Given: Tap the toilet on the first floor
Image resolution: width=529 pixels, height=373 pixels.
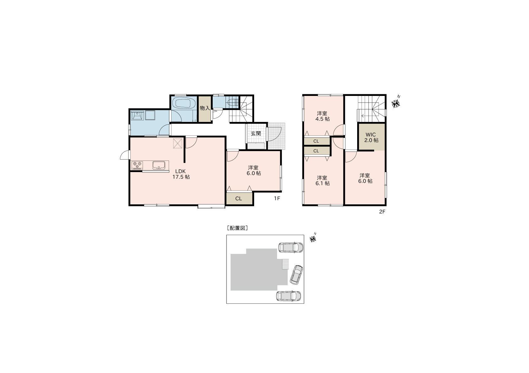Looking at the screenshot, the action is (233, 102).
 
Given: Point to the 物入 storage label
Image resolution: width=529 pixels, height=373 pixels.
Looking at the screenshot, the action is (205, 108).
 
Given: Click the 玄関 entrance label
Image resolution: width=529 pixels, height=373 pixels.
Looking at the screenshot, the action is (256, 134).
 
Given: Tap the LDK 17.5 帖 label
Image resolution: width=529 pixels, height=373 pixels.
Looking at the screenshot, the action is (181, 174).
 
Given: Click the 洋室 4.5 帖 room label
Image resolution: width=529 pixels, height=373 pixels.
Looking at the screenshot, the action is (322, 116).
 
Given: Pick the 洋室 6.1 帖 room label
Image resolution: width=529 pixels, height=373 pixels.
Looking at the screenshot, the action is (322, 181).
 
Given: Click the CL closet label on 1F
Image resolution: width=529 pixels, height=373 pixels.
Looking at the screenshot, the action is (238, 199).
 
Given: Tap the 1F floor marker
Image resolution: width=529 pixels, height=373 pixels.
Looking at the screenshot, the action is (277, 198).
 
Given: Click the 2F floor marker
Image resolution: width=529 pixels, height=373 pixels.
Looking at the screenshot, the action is (382, 212).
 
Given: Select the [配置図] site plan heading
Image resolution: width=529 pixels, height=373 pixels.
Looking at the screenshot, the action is (237, 228).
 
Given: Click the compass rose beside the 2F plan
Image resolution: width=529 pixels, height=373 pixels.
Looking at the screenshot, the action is (395, 103).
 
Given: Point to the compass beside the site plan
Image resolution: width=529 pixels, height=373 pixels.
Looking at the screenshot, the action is (313, 239).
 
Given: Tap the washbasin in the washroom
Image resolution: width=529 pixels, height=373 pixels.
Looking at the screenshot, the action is (137, 115).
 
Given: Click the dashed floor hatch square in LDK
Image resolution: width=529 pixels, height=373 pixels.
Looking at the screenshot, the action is (178, 143).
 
